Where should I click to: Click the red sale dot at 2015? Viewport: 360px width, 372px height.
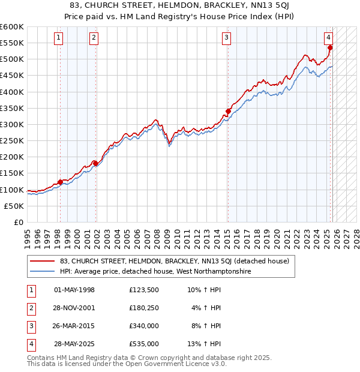point(228,111)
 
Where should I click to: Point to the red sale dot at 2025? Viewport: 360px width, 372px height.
point(330,47)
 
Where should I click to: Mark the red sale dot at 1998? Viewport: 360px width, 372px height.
point(60,182)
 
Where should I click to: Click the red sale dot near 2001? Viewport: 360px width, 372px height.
point(95,163)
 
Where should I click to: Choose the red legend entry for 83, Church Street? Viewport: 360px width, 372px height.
point(175,261)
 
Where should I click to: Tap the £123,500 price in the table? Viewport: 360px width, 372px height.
point(144,290)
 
